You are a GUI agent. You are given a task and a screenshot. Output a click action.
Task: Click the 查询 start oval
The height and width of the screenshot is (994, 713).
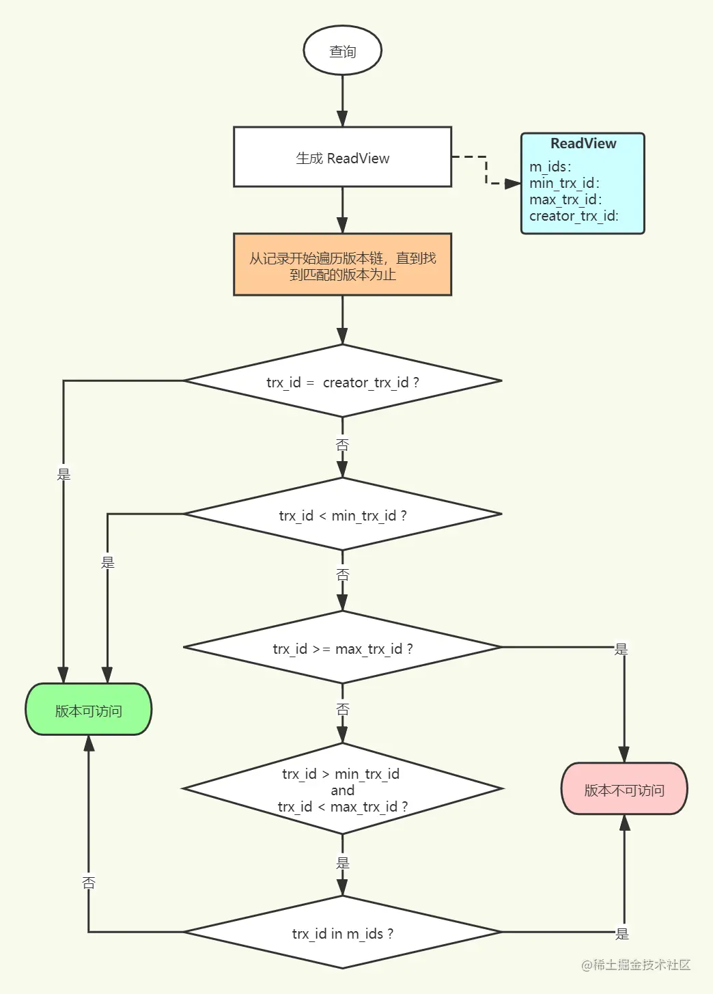click(x=343, y=50)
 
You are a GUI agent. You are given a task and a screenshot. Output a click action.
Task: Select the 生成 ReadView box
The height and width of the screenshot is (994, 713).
click(x=343, y=156)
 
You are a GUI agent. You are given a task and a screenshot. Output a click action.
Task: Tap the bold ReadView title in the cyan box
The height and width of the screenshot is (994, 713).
click(x=583, y=143)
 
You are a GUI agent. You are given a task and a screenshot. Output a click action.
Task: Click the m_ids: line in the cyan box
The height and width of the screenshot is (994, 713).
click(x=550, y=167)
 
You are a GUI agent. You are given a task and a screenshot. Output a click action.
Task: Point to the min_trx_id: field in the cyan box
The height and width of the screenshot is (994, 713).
click(x=564, y=183)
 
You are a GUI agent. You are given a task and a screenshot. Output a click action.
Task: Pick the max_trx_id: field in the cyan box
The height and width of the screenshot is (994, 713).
click(x=565, y=199)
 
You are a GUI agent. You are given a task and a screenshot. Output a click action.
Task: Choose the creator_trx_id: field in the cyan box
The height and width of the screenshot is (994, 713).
click(x=574, y=216)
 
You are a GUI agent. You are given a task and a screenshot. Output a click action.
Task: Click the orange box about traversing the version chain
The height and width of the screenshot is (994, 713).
click(x=343, y=264)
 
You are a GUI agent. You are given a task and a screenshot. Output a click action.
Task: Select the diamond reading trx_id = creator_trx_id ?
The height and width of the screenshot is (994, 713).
click(x=343, y=381)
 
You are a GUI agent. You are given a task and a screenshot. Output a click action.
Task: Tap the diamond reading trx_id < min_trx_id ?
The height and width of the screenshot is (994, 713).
click(x=343, y=514)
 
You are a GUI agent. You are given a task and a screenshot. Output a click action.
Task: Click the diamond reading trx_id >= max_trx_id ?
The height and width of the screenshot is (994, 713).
click(x=343, y=647)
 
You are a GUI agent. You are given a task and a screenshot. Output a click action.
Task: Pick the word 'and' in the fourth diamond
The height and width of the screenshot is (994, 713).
click(x=343, y=790)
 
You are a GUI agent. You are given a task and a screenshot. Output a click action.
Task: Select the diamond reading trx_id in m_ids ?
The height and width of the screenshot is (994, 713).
click(x=343, y=932)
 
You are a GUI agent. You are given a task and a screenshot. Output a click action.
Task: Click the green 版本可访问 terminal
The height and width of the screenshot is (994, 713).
click(x=88, y=709)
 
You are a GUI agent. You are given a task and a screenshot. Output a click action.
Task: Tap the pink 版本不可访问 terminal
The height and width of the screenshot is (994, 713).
click(x=624, y=788)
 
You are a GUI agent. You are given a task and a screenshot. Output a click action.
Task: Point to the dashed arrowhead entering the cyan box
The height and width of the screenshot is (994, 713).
click(x=513, y=183)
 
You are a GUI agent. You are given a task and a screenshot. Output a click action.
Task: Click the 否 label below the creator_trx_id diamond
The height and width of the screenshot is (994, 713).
click(x=343, y=444)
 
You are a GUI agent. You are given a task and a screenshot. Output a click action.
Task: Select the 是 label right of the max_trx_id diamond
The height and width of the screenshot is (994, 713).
click(x=621, y=649)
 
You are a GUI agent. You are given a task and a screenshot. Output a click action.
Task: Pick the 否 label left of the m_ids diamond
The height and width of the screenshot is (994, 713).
click(x=89, y=883)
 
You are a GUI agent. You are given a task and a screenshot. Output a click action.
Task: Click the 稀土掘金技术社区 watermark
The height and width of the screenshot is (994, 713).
click(x=636, y=965)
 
